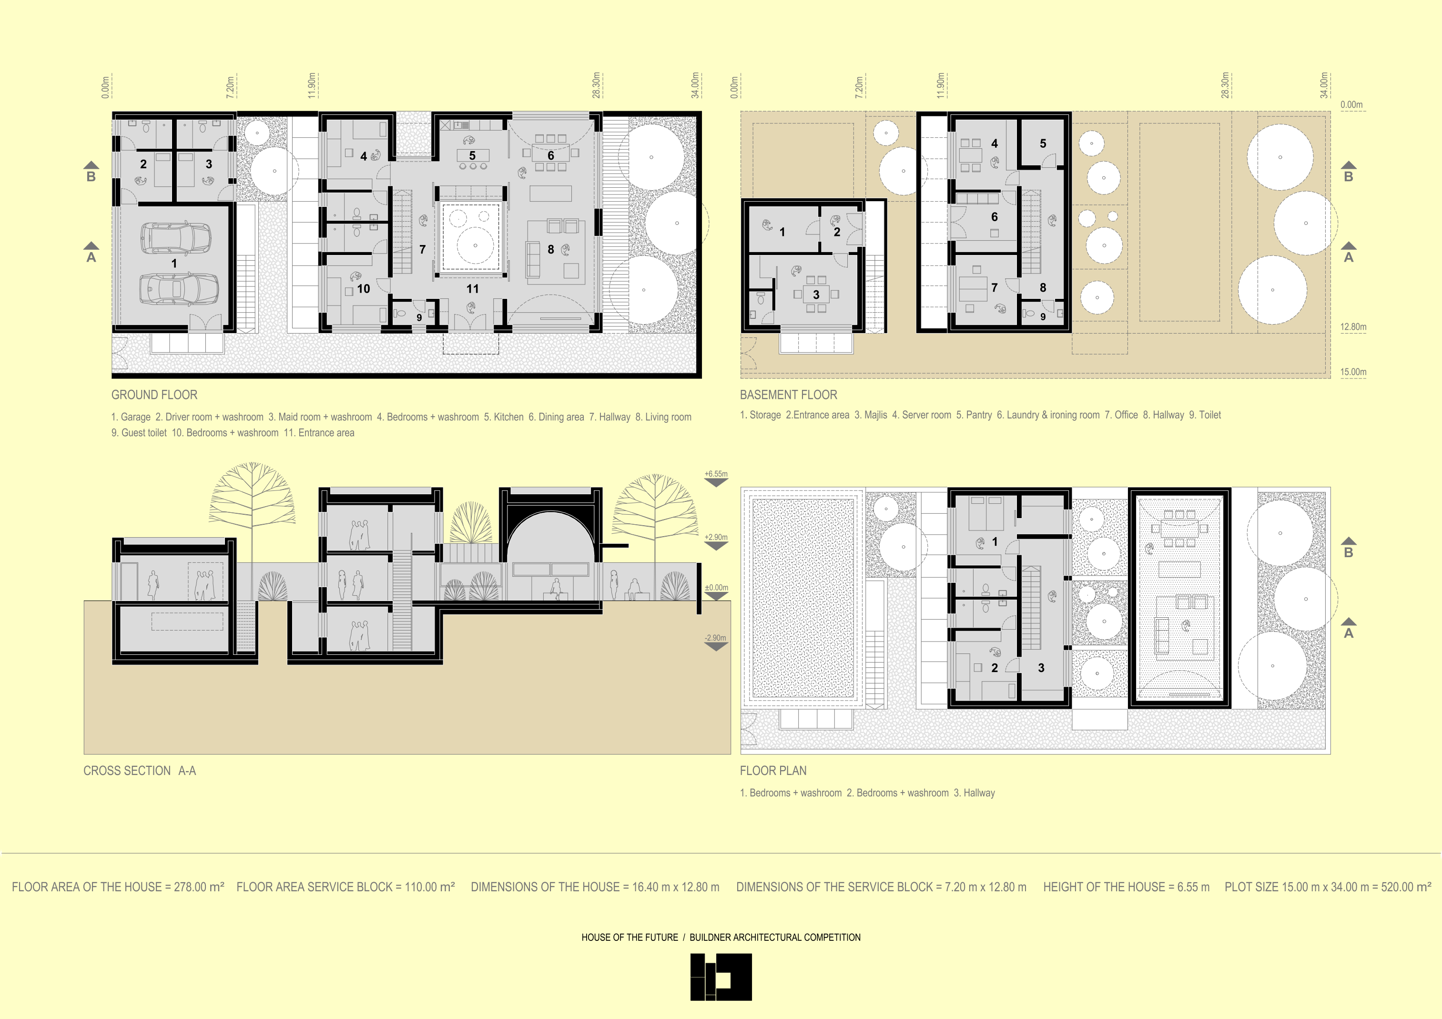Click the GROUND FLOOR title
154,395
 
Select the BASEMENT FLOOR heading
788,395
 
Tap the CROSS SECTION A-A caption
140,771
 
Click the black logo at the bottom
721,977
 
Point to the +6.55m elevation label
716,474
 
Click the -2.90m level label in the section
715,638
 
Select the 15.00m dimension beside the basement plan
1353,372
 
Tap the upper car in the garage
175,237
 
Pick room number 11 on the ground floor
472,289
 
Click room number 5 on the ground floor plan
472,155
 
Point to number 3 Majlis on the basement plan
816,295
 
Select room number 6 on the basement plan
994,217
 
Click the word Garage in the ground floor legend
136,417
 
